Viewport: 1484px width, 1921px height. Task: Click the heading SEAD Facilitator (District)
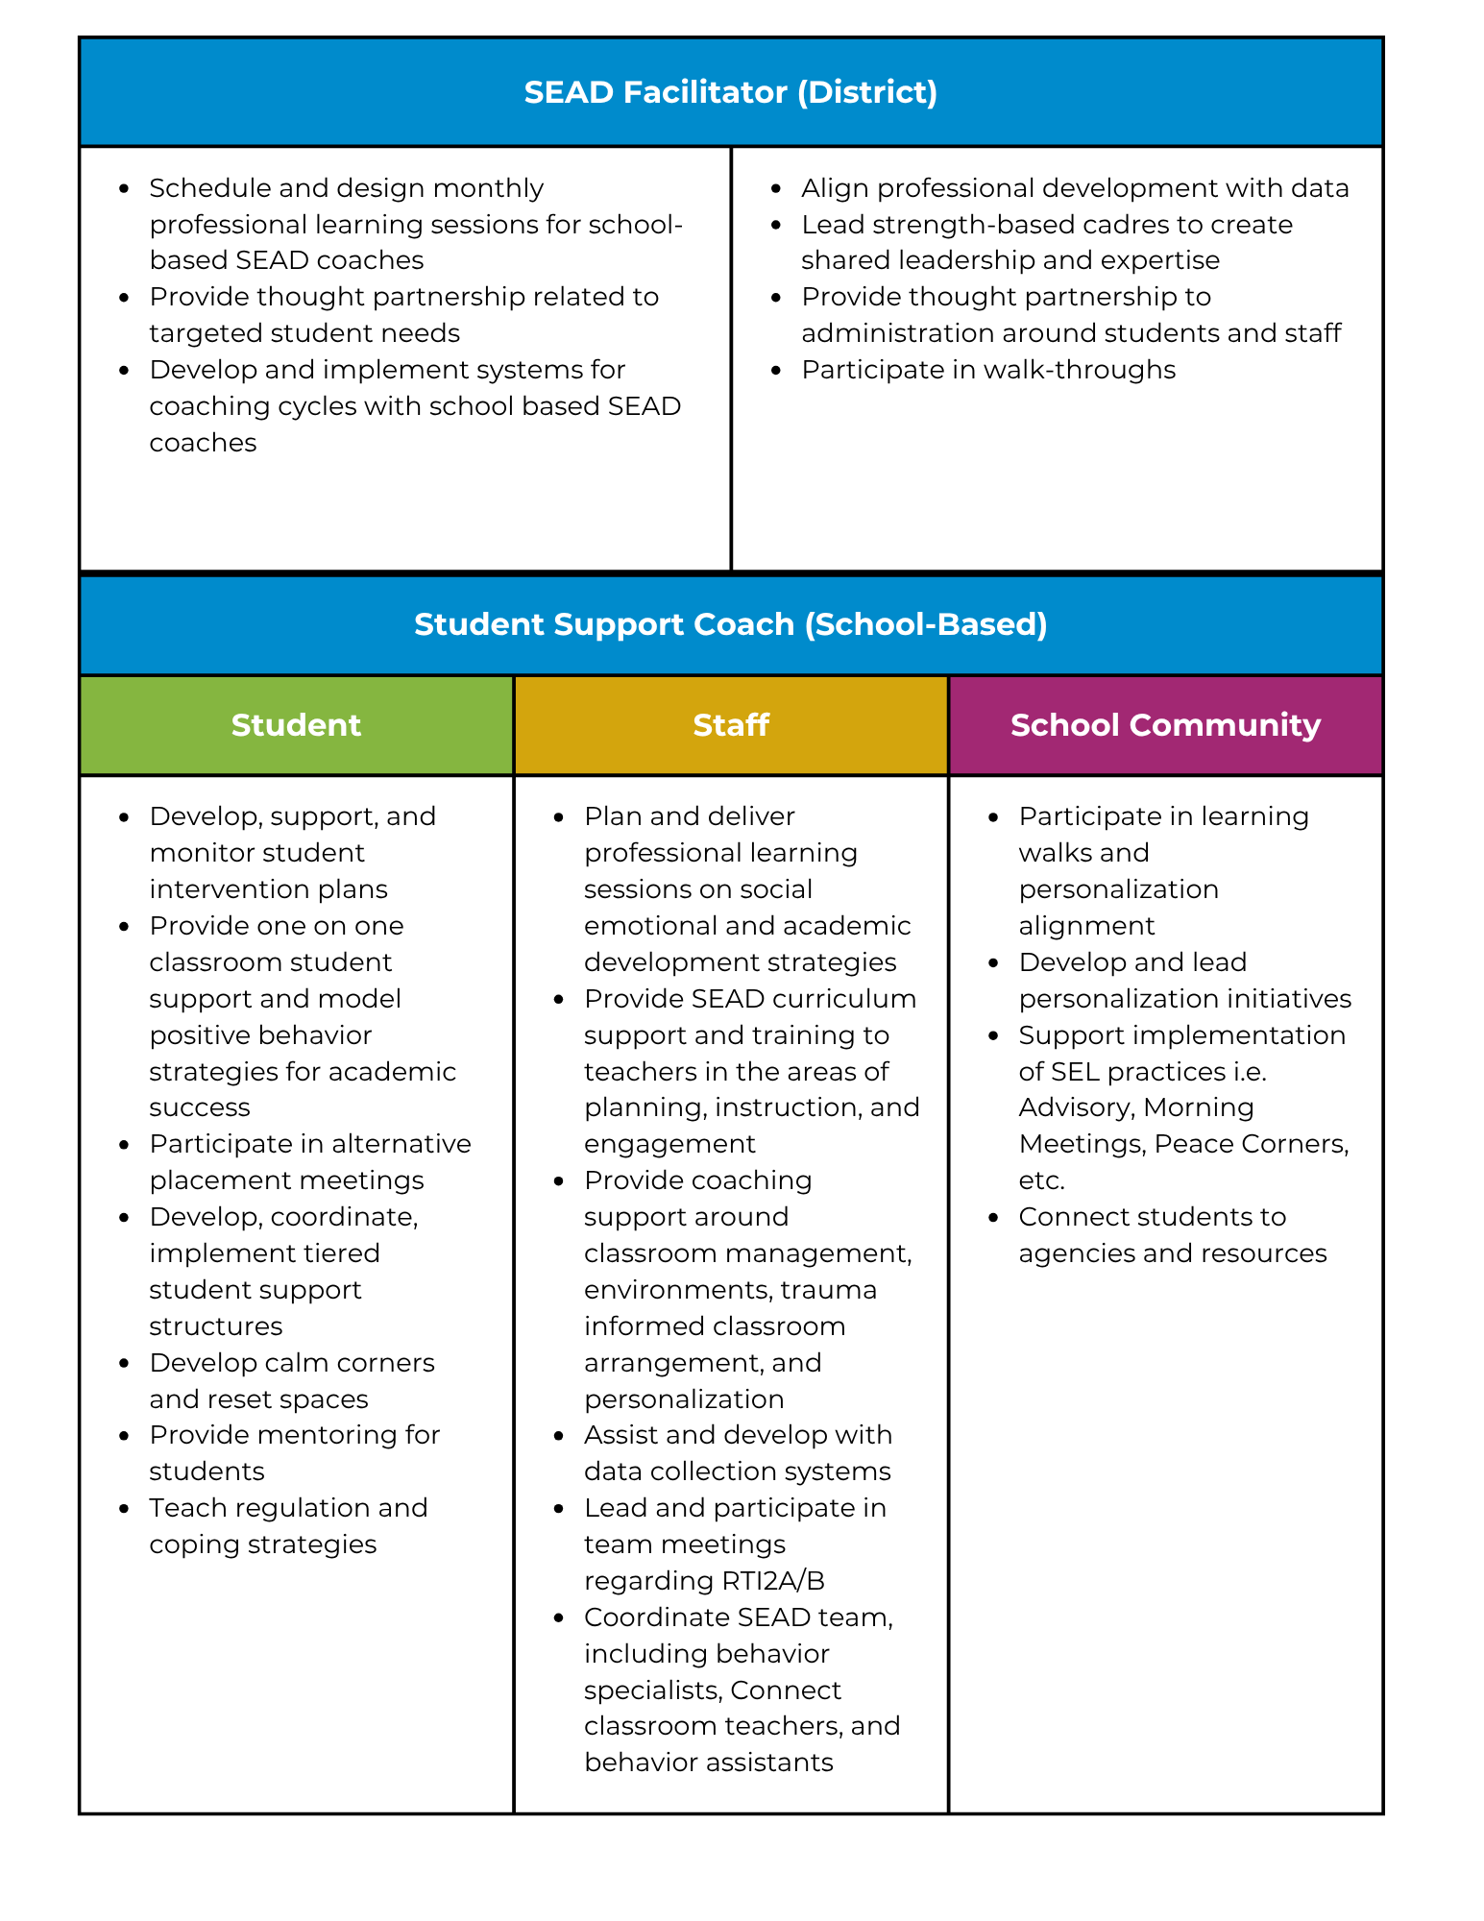730,92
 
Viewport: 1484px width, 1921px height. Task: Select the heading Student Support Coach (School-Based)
730,624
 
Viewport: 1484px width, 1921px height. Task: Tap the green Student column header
296,725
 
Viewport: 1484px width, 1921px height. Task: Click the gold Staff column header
730,725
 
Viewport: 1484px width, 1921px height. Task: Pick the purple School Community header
1165,725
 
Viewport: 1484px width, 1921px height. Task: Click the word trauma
828,1290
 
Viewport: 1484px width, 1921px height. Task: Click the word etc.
1041,1180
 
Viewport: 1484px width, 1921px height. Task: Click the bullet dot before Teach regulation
124,1509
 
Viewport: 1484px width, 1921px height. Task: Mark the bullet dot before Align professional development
776,189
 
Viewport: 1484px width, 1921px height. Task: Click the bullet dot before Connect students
993,1218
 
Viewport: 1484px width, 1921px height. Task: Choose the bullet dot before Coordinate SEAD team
559,1618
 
